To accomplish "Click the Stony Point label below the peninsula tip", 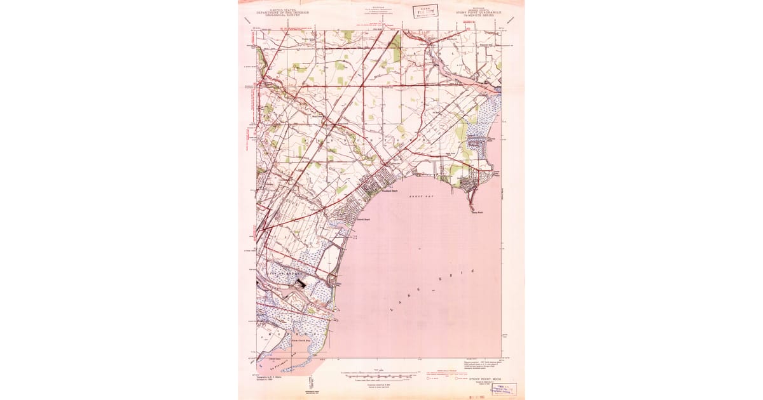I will (478, 213).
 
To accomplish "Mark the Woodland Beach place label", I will (389, 190).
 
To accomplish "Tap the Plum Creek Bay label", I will (300, 341).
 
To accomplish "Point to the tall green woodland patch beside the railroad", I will (397, 48).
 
